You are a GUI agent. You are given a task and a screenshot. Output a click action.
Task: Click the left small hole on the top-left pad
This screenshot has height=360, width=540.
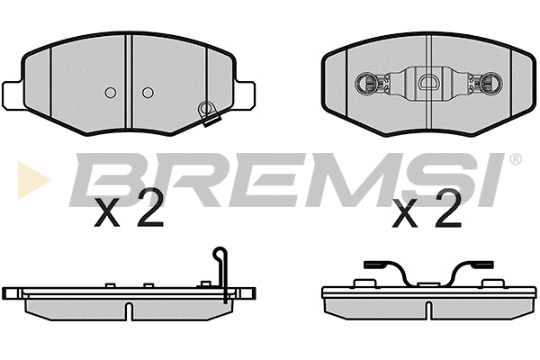(x=110, y=93)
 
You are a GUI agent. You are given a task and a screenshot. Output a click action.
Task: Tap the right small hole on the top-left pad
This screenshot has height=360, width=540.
(x=148, y=93)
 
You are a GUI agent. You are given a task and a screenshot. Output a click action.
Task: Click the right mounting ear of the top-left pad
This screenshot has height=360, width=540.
(x=245, y=92)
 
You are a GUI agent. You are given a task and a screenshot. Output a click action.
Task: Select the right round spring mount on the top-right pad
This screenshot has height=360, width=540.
(x=491, y=85)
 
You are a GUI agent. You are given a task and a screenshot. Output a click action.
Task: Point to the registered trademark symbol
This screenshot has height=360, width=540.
(x=515, y=159)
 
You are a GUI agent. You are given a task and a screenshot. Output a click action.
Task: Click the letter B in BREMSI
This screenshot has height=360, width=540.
(x=103, y=180)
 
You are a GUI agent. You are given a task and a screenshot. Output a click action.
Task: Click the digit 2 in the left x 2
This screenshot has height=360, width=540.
(x=150, y=211)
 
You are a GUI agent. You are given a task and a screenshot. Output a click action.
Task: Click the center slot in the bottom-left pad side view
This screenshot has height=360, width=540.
(x=128, y=310)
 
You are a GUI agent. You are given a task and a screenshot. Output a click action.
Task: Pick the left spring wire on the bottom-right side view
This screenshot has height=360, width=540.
(x=387, y=271)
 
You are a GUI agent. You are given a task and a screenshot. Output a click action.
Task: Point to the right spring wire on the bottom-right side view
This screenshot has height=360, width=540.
(x=472, y=271)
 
